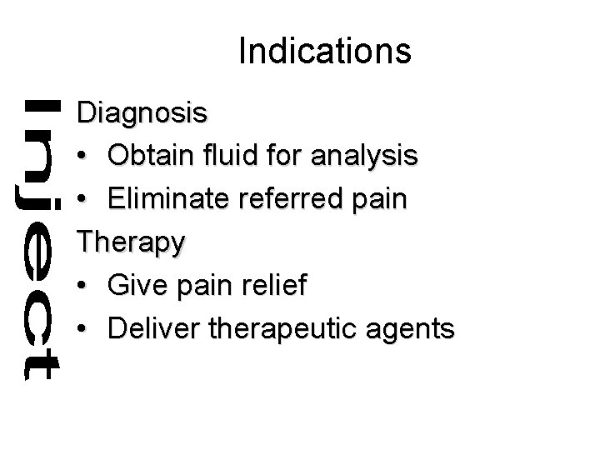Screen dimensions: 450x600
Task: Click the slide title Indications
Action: pyautogui.click(x=324, y=52)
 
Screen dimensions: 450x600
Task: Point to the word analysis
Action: pyautogui.click(x=367, y=157)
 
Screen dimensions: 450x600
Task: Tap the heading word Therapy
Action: pyautogui.click(x=131, y=243)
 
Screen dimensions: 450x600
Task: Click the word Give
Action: pyautogui.click(x=137, y=285)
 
